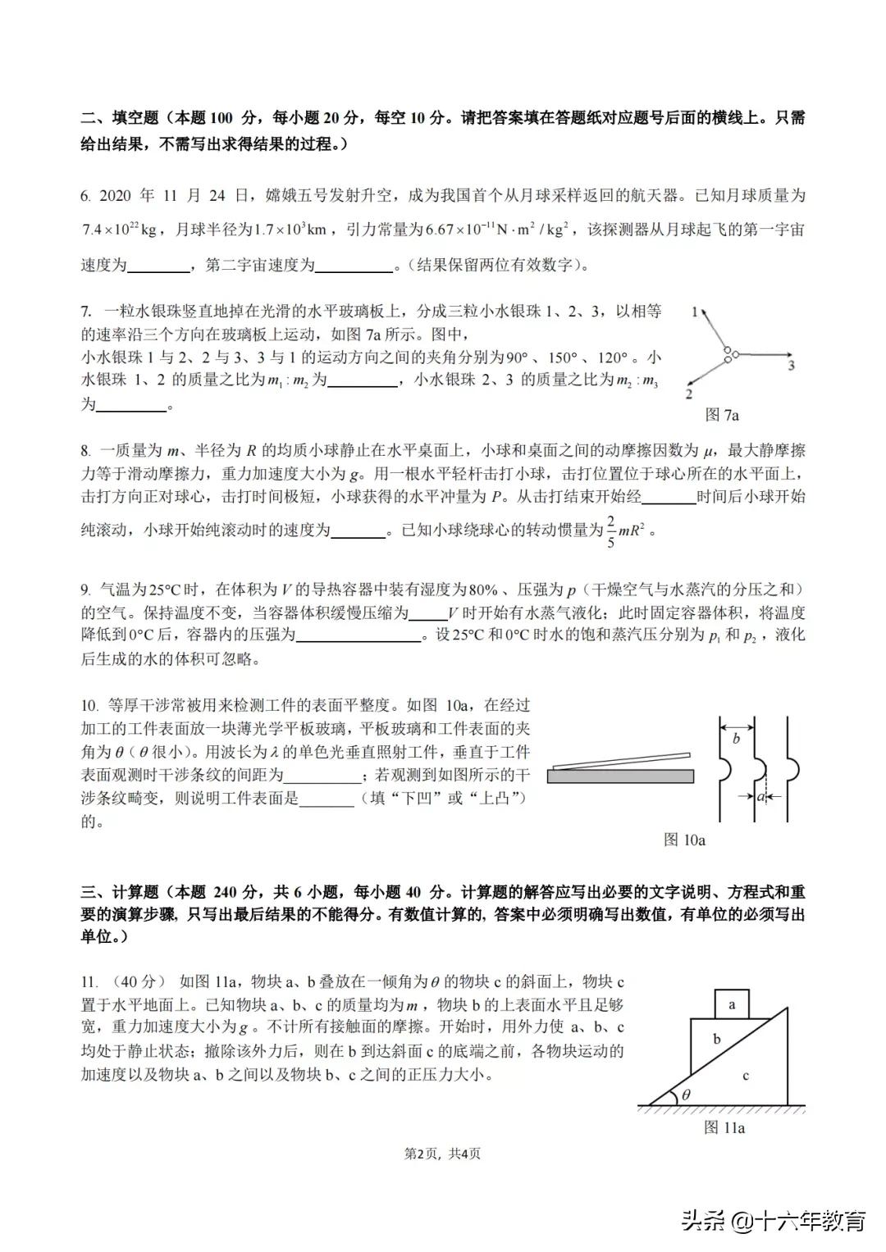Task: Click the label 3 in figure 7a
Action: (791, 365)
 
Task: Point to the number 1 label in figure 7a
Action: (695, 312)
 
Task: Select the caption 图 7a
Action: (722, 415)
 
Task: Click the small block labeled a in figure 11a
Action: (732, 1004)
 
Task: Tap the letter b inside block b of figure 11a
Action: (716, 1039)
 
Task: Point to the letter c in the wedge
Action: (746, 1075)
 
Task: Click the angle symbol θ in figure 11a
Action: (687, 1094)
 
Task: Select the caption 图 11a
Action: (724, 1128)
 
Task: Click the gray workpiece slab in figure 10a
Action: (619, 776)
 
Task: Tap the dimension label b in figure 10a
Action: (736, 739)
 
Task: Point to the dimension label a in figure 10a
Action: (760, 795)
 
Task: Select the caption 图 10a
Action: (684, 840)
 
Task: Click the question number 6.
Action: (85, 196)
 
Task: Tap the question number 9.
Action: (85, 590)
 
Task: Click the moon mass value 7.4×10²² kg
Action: (120, 230)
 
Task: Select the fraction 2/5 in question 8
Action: (610, 530)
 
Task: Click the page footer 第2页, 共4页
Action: (443, 1154)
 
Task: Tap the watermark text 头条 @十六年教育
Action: (774, 1220)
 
